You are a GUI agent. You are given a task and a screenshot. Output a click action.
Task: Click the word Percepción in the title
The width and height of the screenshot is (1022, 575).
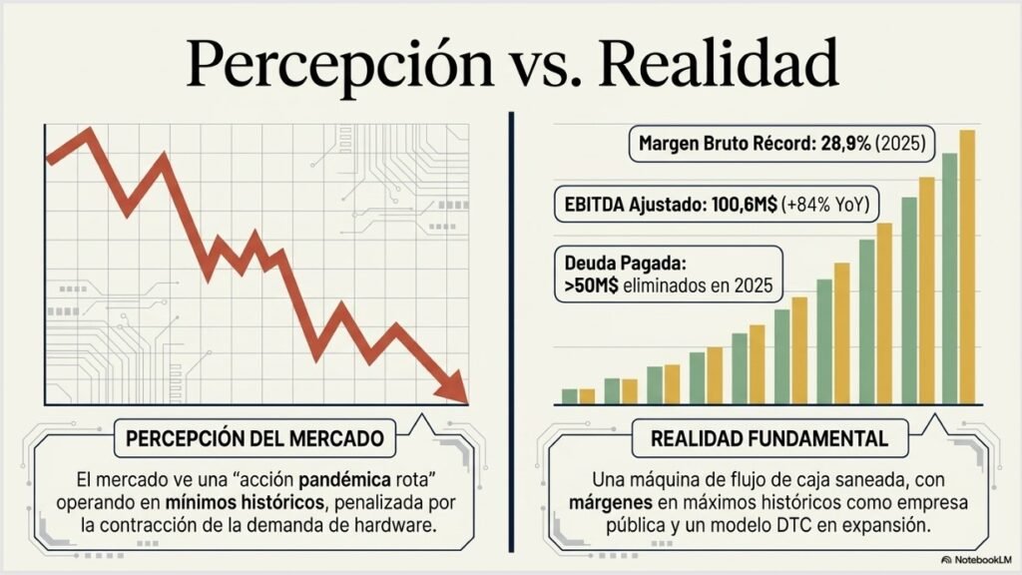339,65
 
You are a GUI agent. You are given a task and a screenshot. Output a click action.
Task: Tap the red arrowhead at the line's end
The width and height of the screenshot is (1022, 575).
453,387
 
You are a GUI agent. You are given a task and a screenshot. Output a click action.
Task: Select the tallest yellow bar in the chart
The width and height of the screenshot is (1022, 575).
967,268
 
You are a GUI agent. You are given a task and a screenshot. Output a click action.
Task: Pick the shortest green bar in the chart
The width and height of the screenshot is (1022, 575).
570,396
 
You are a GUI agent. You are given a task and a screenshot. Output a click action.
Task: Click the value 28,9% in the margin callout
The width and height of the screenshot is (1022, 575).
846,144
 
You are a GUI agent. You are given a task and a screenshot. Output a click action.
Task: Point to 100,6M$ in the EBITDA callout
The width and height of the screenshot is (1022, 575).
745,205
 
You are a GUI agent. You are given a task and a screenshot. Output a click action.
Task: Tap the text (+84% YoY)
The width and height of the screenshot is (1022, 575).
825,205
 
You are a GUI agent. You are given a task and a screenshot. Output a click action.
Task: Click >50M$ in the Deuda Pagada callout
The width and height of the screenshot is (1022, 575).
591,286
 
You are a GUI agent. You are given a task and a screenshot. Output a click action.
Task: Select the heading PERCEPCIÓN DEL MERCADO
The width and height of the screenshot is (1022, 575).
255,438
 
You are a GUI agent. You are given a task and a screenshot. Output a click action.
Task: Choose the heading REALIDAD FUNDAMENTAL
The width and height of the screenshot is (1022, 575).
769,438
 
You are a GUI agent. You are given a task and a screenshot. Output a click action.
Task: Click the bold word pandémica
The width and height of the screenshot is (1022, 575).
344,480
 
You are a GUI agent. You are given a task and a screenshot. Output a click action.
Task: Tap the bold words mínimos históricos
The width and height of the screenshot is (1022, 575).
245,503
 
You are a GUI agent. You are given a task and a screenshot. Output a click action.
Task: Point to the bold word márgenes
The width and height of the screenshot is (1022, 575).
611,503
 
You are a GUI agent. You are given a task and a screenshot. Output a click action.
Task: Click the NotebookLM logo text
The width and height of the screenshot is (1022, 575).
976,560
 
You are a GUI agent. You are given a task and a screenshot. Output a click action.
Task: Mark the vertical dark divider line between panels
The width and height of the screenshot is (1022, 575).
512,332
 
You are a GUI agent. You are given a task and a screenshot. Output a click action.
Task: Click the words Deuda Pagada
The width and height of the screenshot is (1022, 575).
626,264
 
